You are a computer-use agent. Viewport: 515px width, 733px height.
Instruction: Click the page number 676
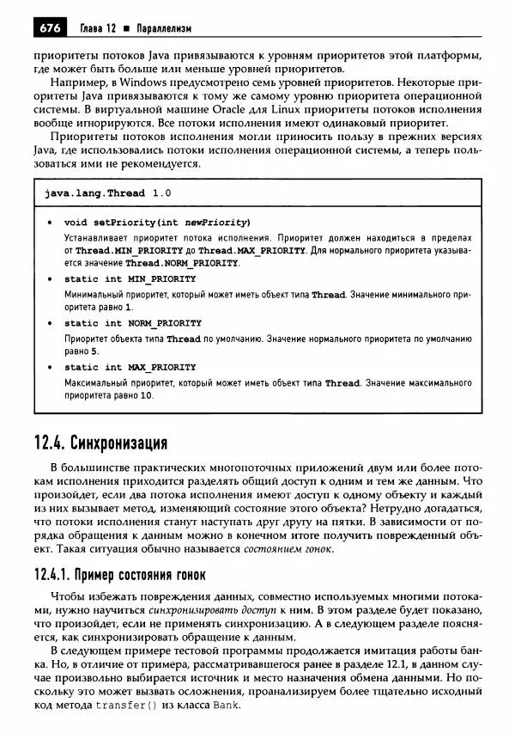coord(47,28)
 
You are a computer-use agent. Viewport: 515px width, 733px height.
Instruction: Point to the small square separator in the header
coord(124,29)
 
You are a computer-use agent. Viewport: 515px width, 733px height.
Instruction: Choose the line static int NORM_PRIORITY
coord(133,323)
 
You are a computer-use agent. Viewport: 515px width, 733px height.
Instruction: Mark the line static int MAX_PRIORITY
coord(130,367)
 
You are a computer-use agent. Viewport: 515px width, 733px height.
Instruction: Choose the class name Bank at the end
coord(227,705)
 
